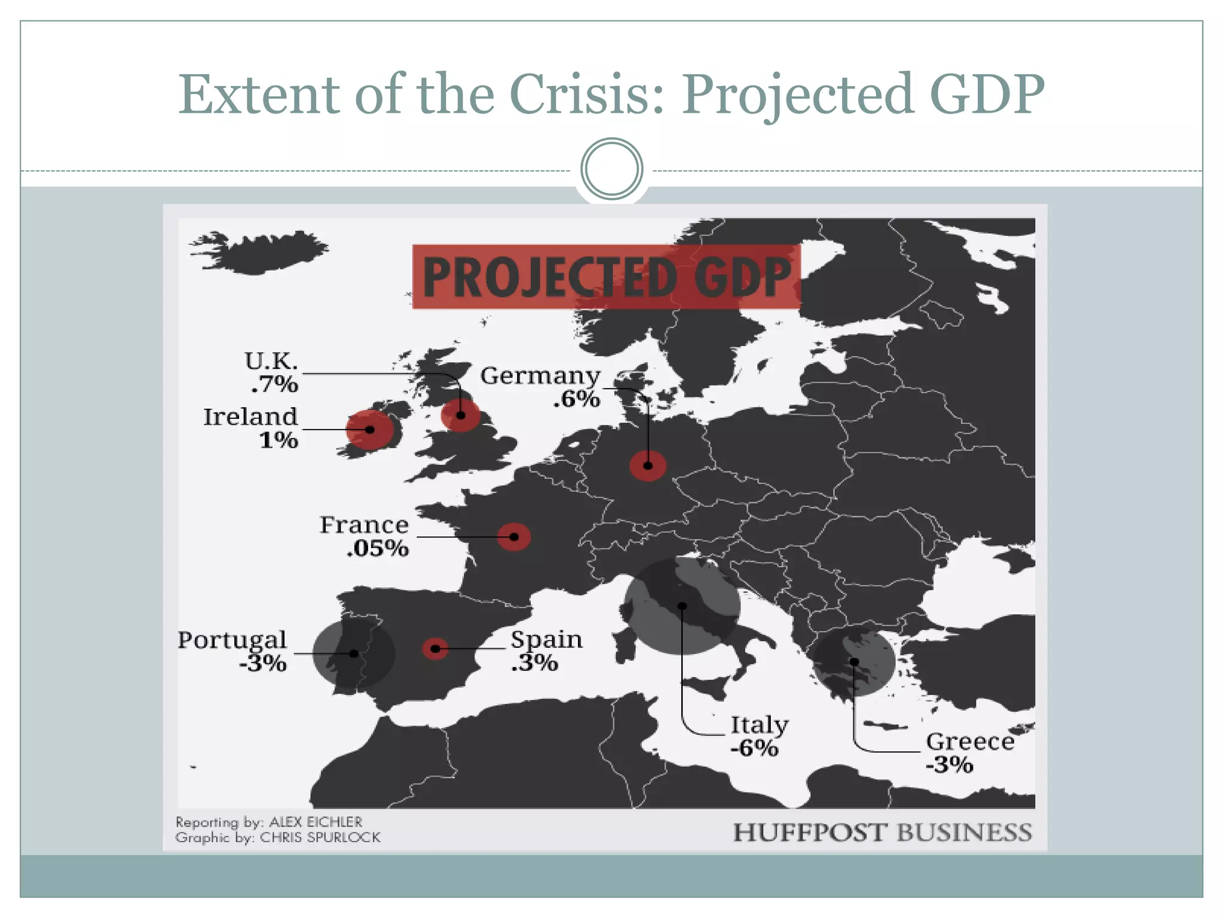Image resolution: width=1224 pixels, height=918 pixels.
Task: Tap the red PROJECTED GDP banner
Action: pos(606,277)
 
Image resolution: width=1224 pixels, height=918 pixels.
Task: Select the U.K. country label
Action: pos(271,361)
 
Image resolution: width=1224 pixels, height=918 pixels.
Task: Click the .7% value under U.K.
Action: pos(274,384)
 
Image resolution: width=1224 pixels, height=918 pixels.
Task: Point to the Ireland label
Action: pos(250,417)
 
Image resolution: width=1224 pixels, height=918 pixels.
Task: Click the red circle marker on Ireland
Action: pos(370,430)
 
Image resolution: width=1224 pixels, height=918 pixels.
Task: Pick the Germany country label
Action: pos(540,376)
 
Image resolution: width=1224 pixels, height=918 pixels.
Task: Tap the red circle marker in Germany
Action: pos(648,466)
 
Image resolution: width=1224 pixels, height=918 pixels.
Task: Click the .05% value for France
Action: pos(378,548)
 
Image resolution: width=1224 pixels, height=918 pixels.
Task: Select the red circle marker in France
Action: pos(514,537)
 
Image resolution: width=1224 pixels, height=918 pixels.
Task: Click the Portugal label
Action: pos(232,640)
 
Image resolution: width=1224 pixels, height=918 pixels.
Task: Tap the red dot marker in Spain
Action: pos(435,648)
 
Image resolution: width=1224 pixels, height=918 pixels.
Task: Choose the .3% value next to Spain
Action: pos(534,663)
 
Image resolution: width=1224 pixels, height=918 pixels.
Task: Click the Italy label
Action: pos(759,725)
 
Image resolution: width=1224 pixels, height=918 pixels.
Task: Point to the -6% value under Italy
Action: pos(754,748)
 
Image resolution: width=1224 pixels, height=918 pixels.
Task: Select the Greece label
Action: pos(970,742)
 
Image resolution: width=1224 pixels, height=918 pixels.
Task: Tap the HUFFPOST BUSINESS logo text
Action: pos(882,833)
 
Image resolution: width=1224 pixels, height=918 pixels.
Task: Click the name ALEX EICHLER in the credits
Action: pos(316,822)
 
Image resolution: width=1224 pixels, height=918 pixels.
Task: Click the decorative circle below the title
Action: pos(611,169)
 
